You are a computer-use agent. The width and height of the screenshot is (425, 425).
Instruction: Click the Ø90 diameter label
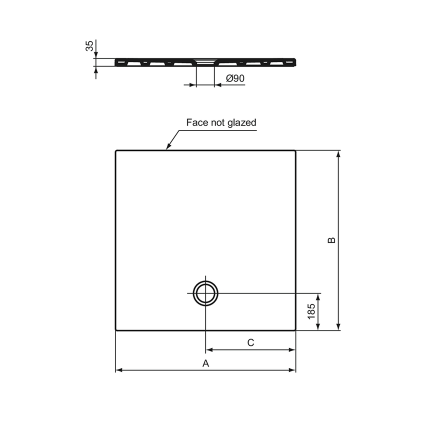pyautogui.click(x=234, y=78)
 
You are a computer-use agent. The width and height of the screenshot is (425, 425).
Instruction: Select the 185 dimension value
pyautogui.click(x=311, y=311)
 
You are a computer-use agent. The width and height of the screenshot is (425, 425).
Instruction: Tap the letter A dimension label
pyautogui.click(x=205, y=363)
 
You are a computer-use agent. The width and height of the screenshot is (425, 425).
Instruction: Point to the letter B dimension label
pyautogui.click(x=331, y=240)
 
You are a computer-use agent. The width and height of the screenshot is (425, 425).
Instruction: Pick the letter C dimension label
pyautogui.click(x=251, y=342)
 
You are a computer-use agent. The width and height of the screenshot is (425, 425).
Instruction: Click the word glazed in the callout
pyautogui.click(x=243, y=122)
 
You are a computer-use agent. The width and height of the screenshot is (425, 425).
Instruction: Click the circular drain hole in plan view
pyautogui.click(x=205, y=292)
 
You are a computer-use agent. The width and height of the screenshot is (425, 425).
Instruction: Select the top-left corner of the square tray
pyautogui.click(x=116, y=150)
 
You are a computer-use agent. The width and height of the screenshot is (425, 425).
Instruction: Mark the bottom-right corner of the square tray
pyautogui.click(x=295, y=330)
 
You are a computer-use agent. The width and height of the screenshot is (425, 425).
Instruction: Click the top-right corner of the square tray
pyautogui.click(x=295, y=150)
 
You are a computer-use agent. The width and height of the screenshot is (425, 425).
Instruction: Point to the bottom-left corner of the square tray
pyautogui.click(x=116, y=330)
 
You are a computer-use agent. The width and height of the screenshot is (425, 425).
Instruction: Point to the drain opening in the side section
pyautogui.click(x=205, y=61)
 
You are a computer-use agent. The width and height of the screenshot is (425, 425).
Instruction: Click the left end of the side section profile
pyautogui.click(x=116, y=62)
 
